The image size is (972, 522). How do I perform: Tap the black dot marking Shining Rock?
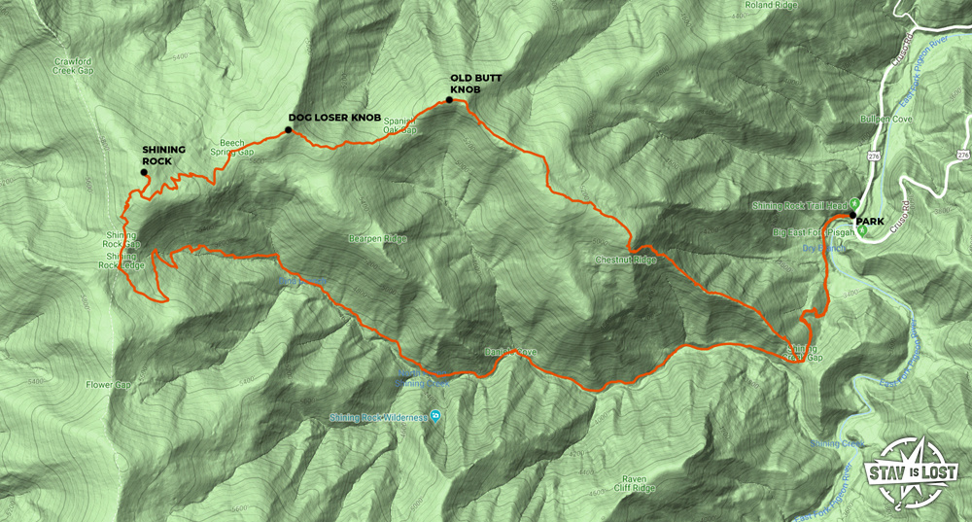point(143,172)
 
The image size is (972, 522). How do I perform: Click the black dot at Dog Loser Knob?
point(289,128)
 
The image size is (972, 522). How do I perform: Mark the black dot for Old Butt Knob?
point(449,99)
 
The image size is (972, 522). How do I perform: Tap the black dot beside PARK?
point(852,214)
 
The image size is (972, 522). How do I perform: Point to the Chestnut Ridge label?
point(626,260)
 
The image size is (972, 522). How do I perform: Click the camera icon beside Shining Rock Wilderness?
point(435,417)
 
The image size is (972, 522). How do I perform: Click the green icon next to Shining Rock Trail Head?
point(842,205)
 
